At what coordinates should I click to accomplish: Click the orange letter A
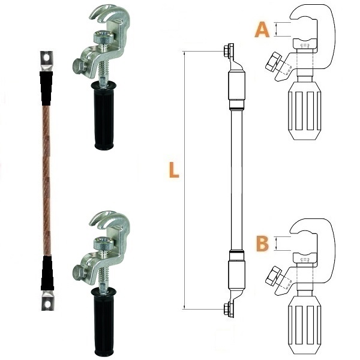coord(262,29)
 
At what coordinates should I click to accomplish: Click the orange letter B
coord(262,244)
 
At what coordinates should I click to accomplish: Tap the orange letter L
coord(174,170)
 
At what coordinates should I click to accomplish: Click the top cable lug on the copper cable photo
coord(47,61)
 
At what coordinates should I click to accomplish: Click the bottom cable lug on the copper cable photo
coord(47,301)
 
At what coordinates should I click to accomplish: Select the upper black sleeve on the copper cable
coord(46,88)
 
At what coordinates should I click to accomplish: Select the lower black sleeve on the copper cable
coord(47,273)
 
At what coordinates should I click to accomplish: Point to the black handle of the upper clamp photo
coord(104,115)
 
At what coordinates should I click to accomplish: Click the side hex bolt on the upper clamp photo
coord(79,67)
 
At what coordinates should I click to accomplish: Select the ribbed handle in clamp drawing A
coord(304,111)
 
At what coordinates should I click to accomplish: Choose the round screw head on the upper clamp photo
coord(104,37)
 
